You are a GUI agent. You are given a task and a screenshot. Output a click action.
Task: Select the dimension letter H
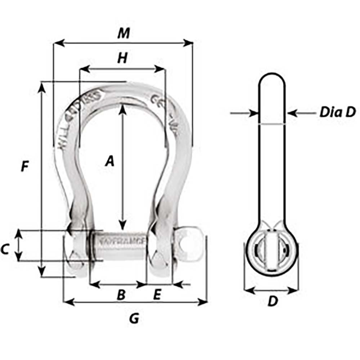123,58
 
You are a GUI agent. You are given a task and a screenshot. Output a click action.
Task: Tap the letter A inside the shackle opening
109,161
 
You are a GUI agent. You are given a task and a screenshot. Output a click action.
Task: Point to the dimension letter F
24,166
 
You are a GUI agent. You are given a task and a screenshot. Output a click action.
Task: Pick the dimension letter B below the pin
121,295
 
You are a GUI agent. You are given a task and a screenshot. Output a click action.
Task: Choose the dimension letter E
157,295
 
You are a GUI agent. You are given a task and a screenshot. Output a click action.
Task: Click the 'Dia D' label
337,112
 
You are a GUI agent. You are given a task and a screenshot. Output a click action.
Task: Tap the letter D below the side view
273,302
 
